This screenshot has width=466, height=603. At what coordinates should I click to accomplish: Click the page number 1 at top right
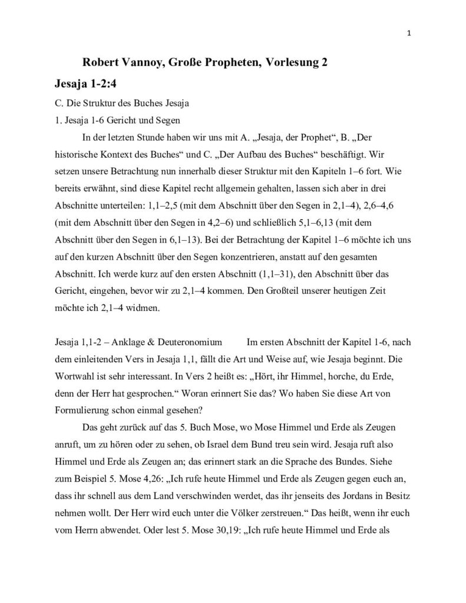tap(409, 33)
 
